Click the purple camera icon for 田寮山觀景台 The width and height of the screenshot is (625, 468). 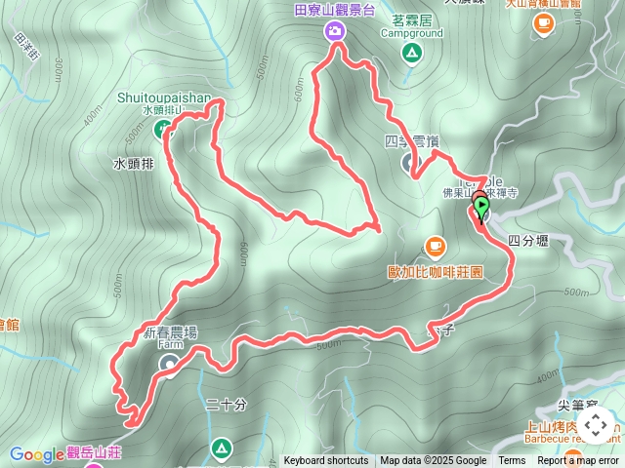(335, 31)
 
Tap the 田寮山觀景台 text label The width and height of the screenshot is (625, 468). (335, 10)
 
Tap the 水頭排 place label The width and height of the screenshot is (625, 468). (134, 165)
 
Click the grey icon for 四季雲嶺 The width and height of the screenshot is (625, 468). (409, 162)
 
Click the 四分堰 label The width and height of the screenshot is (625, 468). (528, 240)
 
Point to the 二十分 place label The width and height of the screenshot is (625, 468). (227, 405)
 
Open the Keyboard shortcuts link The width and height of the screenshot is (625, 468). (326, 461)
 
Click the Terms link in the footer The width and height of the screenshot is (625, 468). (512, 461)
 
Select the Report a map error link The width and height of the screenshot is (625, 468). (578, 461)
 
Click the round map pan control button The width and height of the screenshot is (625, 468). (596, 425)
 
